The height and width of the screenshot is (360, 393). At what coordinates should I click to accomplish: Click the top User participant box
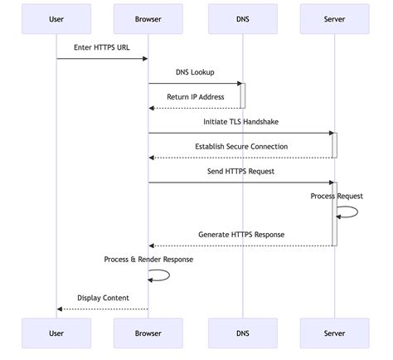(x=56, y=18)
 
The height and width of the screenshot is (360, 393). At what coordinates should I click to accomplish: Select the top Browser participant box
(x=148, y=18)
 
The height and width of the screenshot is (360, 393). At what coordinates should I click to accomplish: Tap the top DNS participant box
(x=241, y=18)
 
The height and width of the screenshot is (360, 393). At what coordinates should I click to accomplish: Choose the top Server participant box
(x=334, y=18)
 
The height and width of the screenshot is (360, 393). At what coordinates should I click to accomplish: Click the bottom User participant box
(x=56, y=333)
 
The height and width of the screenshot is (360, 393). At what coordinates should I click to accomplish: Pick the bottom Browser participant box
(x=148, y=333)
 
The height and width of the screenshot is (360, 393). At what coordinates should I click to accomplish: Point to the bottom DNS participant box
(x=241, y=333)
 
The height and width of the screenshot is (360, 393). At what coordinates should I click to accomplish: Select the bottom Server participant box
(x=334, y=333)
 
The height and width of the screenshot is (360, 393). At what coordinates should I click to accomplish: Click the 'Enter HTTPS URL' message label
(x=102, y=46)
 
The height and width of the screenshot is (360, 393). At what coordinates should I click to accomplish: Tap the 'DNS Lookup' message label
(x=195, y=72)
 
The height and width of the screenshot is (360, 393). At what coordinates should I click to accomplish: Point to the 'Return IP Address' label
(x=195, y=97)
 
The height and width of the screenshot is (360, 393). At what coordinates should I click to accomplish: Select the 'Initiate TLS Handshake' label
(x=241, y=122)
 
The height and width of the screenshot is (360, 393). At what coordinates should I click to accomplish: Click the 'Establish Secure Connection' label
(x=241, y=147)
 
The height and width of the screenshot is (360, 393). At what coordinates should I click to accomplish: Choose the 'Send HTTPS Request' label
(x=241, y=172)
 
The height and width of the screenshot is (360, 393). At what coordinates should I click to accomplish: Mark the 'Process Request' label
(x=337, y=197)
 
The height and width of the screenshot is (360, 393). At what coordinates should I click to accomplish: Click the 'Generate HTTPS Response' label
(x=241, y=235)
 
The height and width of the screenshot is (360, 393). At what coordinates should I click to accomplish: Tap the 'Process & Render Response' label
(x=148, y=260)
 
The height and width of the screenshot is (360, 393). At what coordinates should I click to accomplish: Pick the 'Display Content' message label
(x=102, y=297)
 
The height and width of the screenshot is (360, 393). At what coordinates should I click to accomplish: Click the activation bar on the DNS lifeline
(x=243, y=95)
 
